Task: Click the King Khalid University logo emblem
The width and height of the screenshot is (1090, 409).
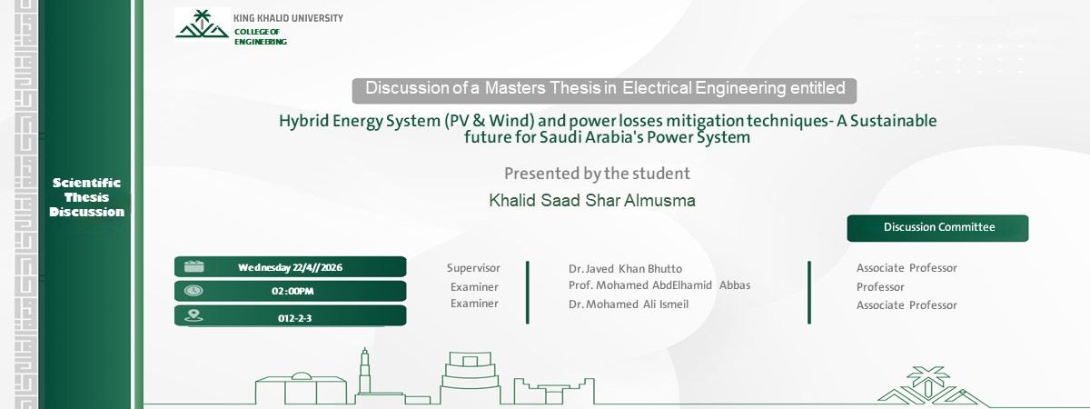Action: coord(202,25)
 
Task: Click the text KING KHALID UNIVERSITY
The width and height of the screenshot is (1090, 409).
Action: coord(288,18)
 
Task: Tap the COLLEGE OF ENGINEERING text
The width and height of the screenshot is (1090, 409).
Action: coord(260,36)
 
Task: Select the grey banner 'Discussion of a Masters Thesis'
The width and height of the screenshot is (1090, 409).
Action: coord(605,89)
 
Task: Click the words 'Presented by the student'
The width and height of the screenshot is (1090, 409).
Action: coord(597,173)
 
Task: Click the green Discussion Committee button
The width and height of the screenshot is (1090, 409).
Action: coord(938,227)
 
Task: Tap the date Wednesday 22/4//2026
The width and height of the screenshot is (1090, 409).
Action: coord(290,267)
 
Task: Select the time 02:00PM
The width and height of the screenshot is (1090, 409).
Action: coord(292,292)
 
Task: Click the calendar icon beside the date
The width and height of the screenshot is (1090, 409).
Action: coord(194,266)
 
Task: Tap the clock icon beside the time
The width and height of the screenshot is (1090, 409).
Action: coord(193,291)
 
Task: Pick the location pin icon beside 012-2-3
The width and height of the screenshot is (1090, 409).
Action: coord(193,316)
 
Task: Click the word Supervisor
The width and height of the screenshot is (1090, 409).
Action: coord(473,268)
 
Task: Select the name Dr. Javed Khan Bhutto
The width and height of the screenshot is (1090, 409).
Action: coord(625,269)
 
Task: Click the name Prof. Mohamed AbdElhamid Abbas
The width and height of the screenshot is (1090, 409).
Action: coord(659,285)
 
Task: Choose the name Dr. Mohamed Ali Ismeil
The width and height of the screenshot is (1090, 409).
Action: coord(629,304)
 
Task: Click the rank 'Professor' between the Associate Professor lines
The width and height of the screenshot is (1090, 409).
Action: coord(880,287)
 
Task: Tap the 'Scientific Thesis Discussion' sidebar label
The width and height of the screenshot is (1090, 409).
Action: coord(86,197)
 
